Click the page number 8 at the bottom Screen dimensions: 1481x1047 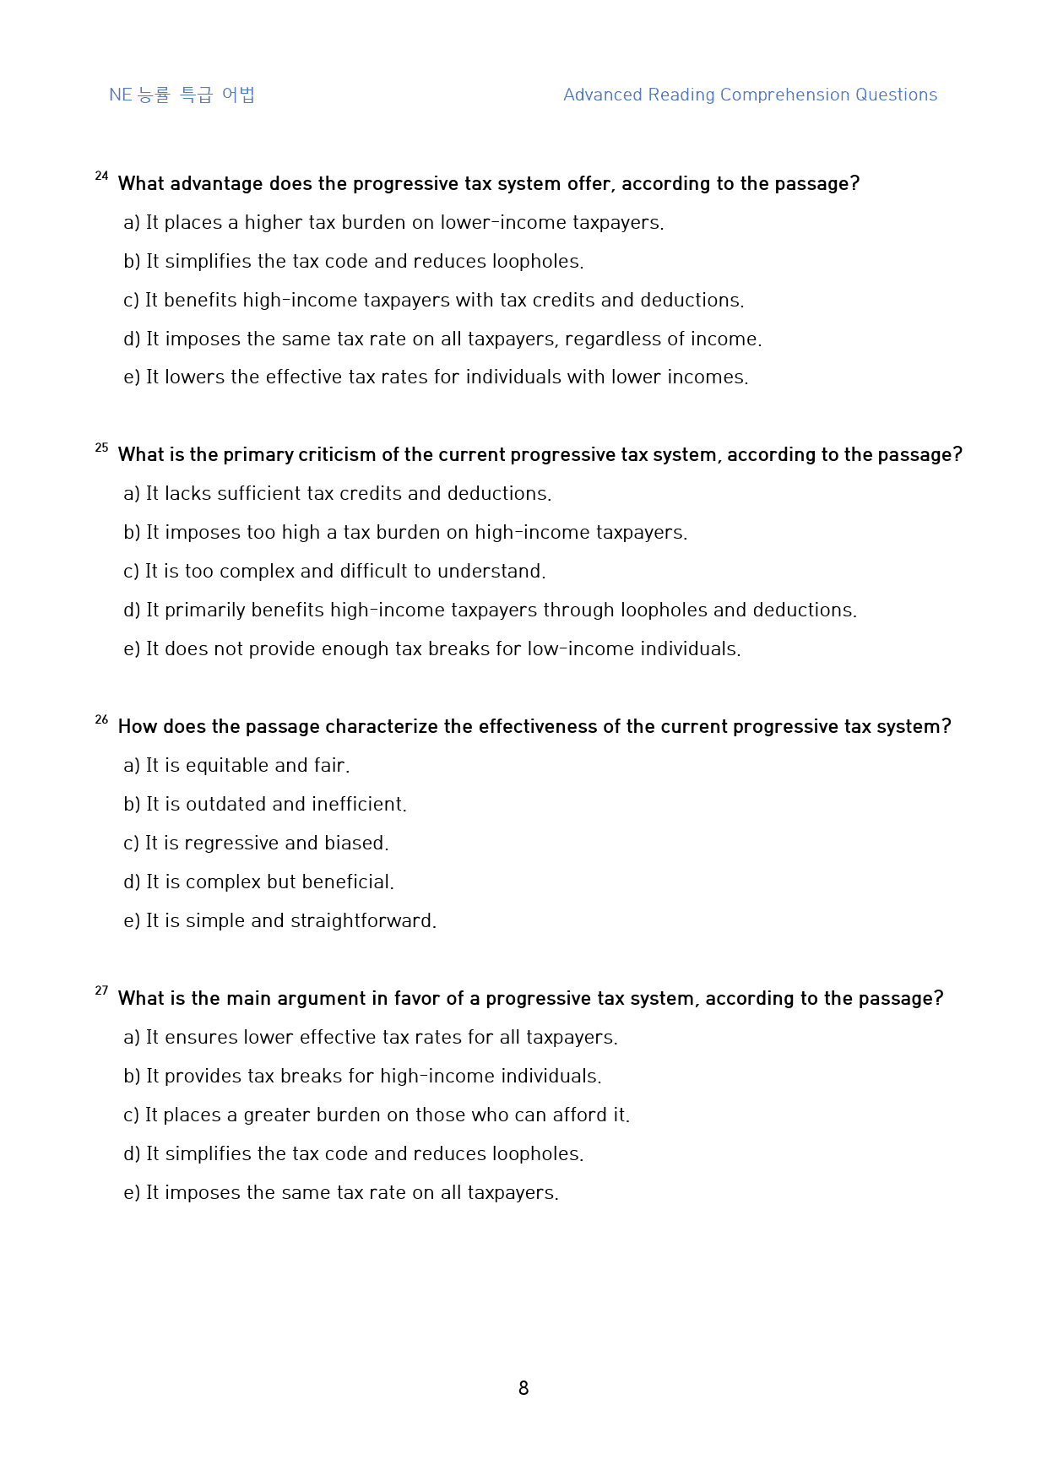pyautogui.click(x=523, y=1388)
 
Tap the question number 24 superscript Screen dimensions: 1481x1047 pyautogui.click(x=101, y=176)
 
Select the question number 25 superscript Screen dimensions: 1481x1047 pyautogui.click(x=101, y=448)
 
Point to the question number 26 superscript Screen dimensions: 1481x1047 pyautogui.click(x=101, y=719)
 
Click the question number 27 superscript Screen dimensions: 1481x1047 pyautogui.click(x=101, y=990)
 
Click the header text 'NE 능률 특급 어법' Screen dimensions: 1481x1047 pyautogui.click(x=182, y=95)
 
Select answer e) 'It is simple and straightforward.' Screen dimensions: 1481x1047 pyautogui.click(x=279, y=920)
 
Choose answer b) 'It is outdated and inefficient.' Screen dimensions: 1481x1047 pyautogui.click(x=265, y=804)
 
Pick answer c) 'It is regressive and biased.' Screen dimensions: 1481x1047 pyautogui.click(x=256, y=843)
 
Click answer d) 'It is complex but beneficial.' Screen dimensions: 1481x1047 pyautogui.click(x=258, y=882)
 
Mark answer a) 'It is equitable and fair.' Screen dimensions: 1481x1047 pyautogui.click(x=236, y=765)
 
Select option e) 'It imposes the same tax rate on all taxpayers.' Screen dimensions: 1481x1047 pyautogui.click(x=341, y=1192)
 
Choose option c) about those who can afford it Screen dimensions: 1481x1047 pyautogui.click(x=377, y=1115)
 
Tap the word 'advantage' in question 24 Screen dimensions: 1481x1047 pyautogui.click(x=216, y=183)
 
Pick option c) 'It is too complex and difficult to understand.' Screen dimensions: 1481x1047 pyautogui.click(x=334, y=571)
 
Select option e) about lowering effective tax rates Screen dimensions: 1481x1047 pyautogui.click(x=436, y=377)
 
